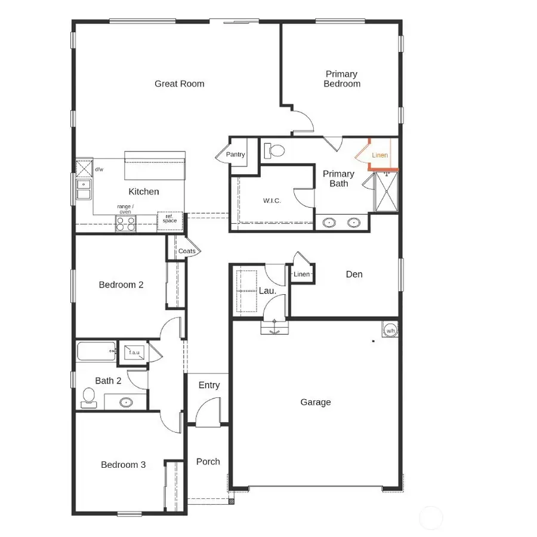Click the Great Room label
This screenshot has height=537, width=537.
point(179,84)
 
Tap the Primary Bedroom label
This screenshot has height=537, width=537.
point(342,79)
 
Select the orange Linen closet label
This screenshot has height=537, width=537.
point(379,155)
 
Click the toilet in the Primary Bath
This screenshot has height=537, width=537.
point(275,150)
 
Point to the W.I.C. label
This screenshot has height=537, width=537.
point(271,200)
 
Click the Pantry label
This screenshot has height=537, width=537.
point(235,155)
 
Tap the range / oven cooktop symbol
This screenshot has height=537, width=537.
point(125,224)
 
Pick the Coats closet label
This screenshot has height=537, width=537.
point(187,251)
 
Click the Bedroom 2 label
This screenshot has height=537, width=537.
point(121,285)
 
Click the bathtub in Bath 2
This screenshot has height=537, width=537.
point(96,350)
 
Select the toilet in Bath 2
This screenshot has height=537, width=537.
point(88,397)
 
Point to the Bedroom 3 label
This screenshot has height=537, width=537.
point(123,465)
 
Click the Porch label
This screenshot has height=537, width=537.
point(208,461)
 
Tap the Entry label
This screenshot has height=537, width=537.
point(209,385)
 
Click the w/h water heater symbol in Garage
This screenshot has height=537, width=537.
point(390,329)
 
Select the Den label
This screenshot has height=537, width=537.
point(354,274)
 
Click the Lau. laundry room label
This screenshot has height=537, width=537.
point(267,291)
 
